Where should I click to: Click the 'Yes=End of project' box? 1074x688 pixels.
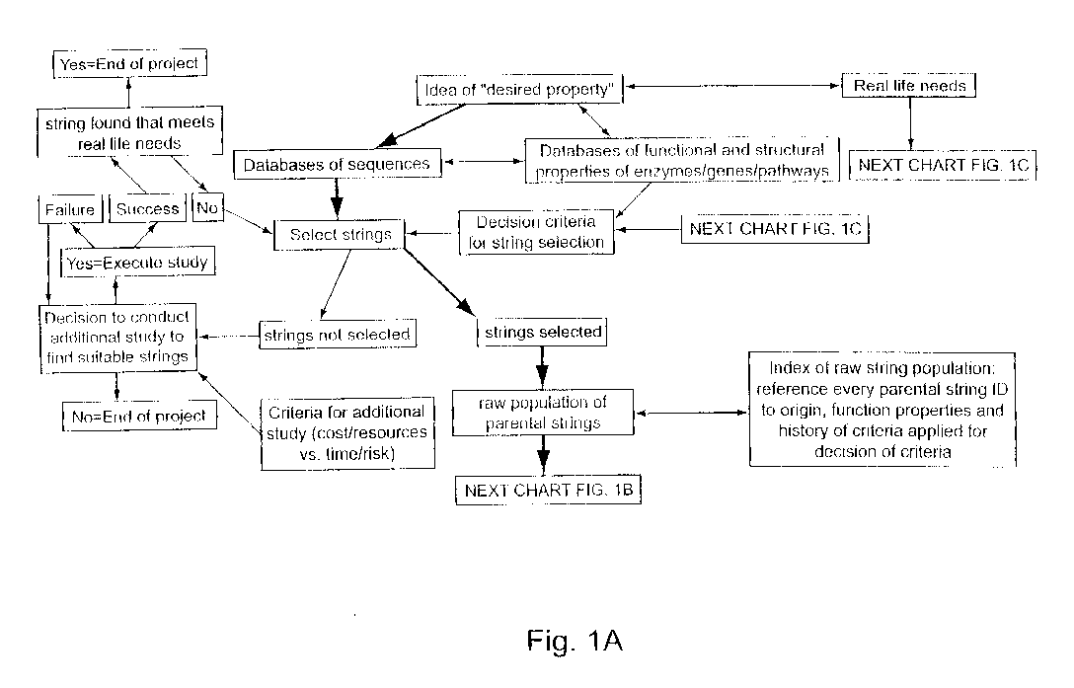129,64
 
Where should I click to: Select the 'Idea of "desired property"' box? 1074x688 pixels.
519,90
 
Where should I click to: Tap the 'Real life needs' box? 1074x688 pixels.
909,86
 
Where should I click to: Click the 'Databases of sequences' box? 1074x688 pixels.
337,165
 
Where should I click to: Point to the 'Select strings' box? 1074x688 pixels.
340,235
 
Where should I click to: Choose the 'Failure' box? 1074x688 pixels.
70,209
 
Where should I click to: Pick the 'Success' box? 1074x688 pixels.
147,209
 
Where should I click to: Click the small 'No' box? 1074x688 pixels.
207,207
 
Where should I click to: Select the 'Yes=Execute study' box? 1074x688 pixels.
137,262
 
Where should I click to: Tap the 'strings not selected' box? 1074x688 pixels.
337,335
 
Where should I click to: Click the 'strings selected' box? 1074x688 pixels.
542,333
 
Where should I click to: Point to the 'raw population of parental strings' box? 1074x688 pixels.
543,413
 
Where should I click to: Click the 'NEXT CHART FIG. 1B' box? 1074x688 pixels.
548,491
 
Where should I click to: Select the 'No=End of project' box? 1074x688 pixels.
139,416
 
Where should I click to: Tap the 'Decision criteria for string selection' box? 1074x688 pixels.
536,232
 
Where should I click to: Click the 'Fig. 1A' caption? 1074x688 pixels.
575,641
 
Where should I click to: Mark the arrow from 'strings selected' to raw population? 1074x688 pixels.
542,367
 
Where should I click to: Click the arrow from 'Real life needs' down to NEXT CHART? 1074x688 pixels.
910,124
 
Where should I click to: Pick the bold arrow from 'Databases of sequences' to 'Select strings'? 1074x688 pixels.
337,199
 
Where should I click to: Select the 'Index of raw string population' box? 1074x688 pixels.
882,410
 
